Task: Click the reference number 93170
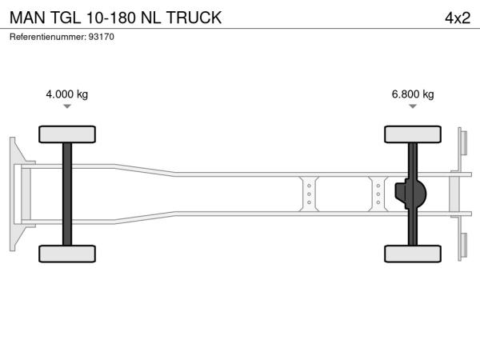click(102, 38)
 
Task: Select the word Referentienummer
click(45, 38)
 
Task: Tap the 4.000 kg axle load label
click(67, 94)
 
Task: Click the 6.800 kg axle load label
click(413, 94)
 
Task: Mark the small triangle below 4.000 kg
click(67, 106)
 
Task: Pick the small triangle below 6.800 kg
click(413, 106)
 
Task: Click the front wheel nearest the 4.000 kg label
click(66, 134)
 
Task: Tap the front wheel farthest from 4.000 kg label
click(66, 254)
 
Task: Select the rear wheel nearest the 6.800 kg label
click(413, 134)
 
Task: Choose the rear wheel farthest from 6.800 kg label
click(413, 254)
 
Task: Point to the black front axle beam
click(67, 194)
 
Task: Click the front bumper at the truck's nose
click(15, 194)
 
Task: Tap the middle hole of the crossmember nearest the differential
click(378, 194)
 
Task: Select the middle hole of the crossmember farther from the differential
click(309, 194)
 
